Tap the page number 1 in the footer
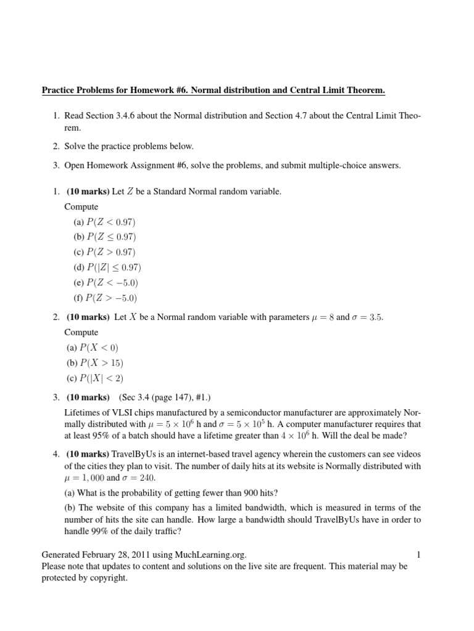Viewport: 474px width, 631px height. coord(418,555)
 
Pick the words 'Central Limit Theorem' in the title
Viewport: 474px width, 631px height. coord(339,91)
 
